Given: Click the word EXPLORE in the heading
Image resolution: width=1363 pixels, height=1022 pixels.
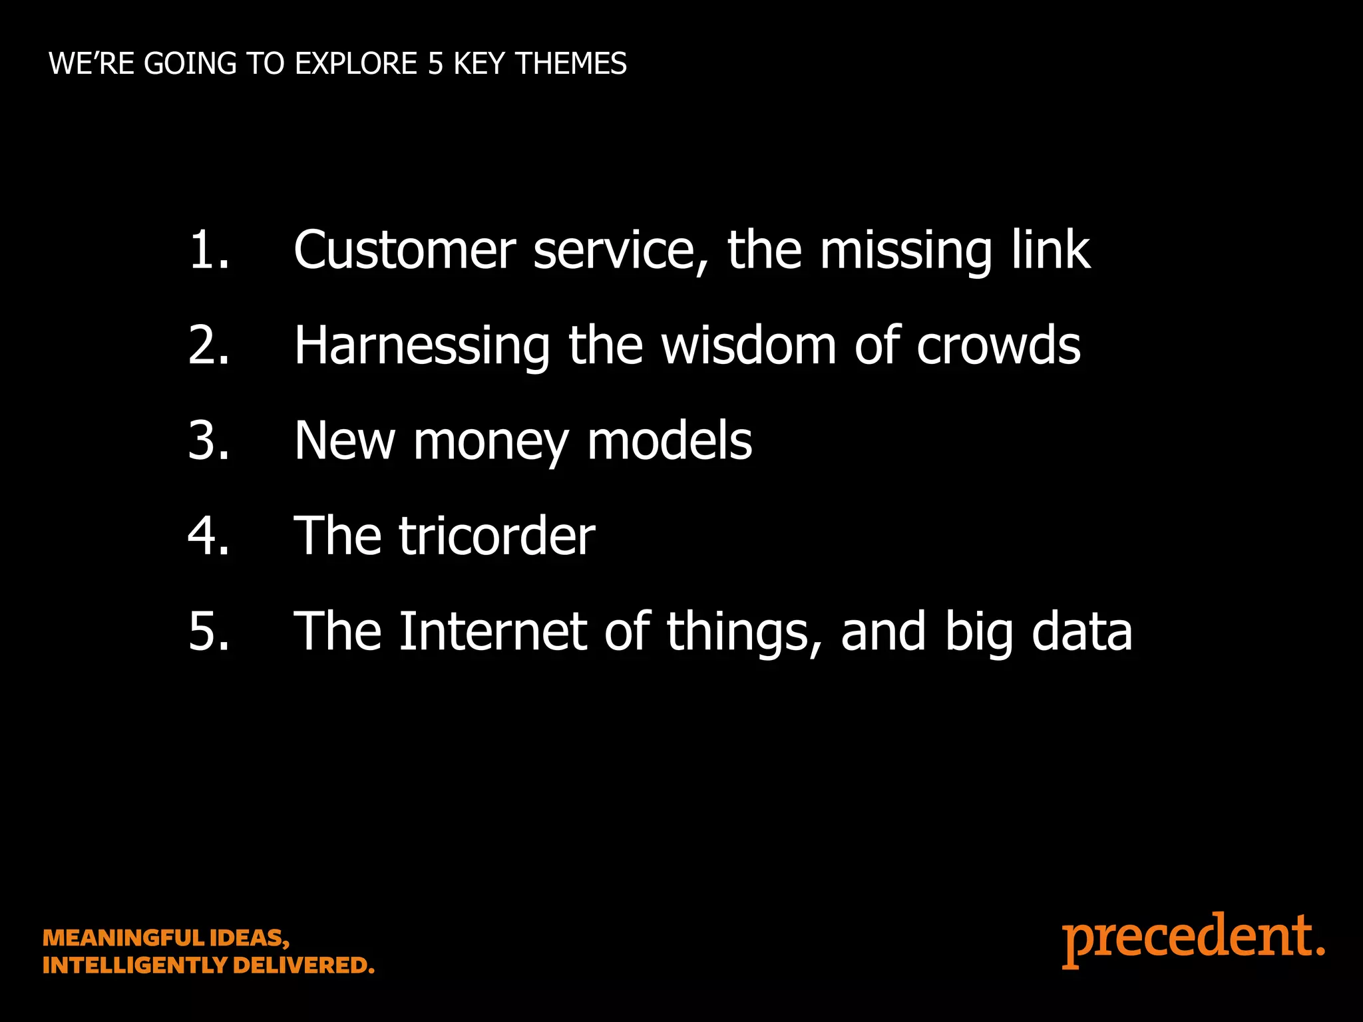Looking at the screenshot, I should (x=356, y=64).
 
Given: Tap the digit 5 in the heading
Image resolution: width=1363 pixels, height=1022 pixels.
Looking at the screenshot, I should (x=435, y=64).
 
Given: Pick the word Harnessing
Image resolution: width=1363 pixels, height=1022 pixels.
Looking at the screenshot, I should (x=422, y=346).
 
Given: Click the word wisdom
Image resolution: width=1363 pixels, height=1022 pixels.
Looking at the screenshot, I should (x=748, y=346).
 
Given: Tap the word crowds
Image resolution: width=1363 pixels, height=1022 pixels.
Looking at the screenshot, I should (x=998, y=346).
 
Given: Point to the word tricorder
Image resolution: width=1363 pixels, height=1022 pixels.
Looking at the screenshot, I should (x=496, y=536).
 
